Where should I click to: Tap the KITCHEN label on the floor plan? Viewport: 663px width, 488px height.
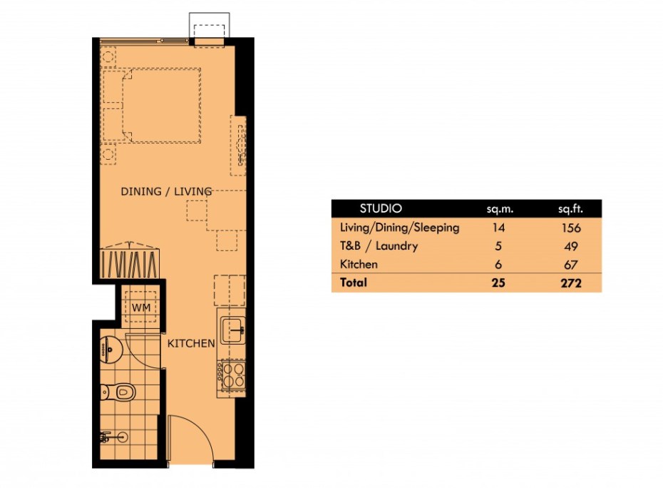click(x=191, y=343)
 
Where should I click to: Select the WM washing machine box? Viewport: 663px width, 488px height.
click(x=140, y=307)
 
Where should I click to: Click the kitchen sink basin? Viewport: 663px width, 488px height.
click(x=233, y=329)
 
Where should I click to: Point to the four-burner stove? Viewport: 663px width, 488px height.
click(x=233, y=375)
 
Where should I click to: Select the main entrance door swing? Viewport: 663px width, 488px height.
click(x=189, y=442)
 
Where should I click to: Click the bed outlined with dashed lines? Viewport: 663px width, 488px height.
click(x=160, y=104)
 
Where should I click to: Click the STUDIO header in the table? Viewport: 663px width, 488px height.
click(x=381, y=209)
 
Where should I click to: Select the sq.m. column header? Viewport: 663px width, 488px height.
click(x=500, y=210)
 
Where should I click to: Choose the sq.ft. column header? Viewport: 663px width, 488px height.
click(x=570, y=210)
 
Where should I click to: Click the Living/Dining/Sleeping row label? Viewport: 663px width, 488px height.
click(x=400, y=228)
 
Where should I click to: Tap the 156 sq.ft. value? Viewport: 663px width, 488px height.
click(x=570, y=228)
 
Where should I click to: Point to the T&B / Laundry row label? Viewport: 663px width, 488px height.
click(x=379, y=246)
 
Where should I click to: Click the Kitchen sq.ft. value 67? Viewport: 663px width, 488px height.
click(x=570, y=265)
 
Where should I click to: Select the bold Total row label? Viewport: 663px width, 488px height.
click(x=354, y=283)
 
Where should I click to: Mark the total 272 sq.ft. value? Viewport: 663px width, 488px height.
click(x=570, y=283)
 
